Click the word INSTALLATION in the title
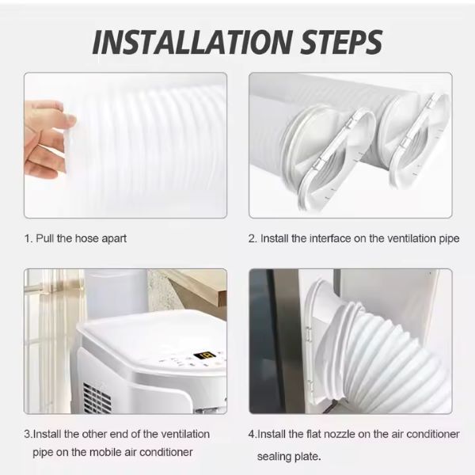[192, 42]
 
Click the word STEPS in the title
[341, 42]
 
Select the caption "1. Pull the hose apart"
[75, 239]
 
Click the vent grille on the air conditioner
[97, 399]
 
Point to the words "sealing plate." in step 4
[289, 457]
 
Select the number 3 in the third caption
[27, 434]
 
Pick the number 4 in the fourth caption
[252, 434]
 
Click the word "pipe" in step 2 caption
[449, 239]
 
